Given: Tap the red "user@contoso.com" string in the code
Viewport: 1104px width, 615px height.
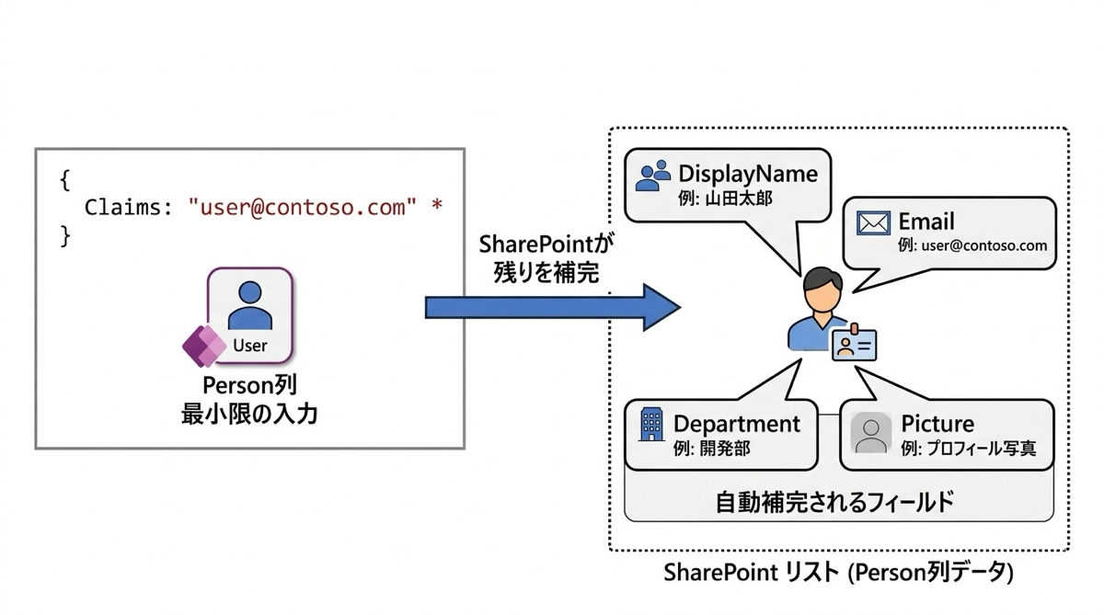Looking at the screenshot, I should [x=296, y=207].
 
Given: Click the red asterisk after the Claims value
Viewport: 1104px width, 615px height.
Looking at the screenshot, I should [x=436, y=207].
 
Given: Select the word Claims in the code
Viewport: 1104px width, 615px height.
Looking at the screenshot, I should [x=121, y=208].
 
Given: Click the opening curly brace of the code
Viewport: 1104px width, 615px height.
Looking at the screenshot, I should [x=64, y=180].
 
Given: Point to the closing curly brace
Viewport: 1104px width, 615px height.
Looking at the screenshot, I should [x=64, y=235].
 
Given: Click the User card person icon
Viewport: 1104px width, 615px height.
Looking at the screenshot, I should [x=249, y=306].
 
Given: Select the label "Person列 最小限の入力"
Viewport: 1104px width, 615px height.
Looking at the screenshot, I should [x=249, y=400].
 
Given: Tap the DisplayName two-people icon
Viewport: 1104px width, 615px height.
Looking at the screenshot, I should [x=653, y=176].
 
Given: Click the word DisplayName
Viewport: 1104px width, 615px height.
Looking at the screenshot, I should [x=747, y=174].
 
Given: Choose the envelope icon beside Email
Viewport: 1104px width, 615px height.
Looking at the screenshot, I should [x=872, y=222].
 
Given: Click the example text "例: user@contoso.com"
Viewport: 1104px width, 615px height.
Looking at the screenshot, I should [x=972, y=245].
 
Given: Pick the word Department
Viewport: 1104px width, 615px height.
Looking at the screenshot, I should [x=737, y=424].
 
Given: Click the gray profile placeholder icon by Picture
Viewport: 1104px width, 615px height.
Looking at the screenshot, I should [x=870, y=433].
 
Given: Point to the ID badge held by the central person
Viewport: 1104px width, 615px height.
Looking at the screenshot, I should [x=855, y=345].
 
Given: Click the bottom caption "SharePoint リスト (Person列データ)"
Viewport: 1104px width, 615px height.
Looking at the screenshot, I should [x=838, y=573].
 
